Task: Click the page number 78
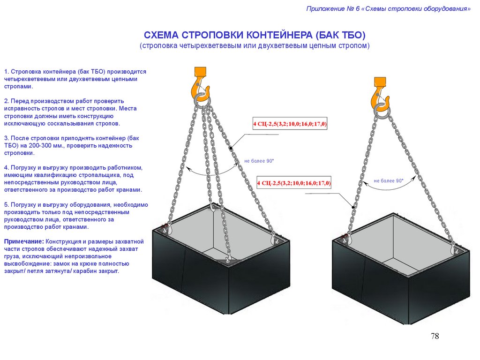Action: (x=435, y=336)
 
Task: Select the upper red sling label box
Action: (x=290, y=124)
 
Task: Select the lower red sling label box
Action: (x=294, y=183)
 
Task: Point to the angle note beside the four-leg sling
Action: (x=259, y=161)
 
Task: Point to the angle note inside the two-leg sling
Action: (x=389, y=181)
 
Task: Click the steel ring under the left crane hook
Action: (x=202, y=101)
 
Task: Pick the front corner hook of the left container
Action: (x=228, y=260)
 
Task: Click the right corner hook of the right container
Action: (x=454, y=249)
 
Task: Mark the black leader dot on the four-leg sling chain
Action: (x=231, y=148)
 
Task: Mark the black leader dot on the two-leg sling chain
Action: (x=353, y=207)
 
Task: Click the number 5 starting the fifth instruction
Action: (x=6, y=205)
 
